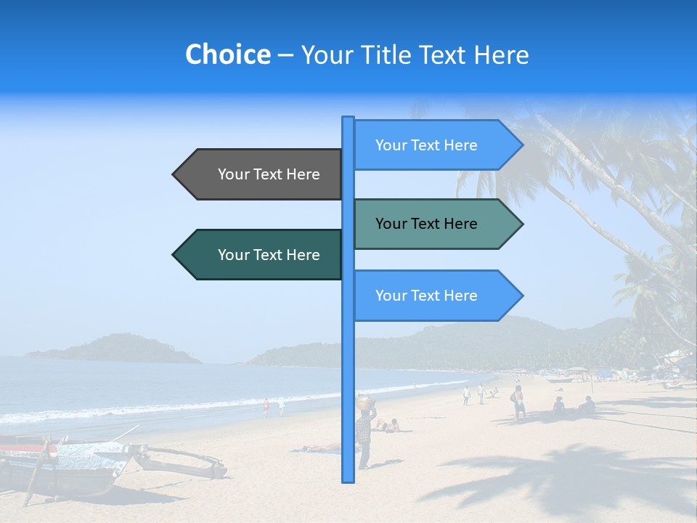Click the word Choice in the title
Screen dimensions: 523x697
[227, 54]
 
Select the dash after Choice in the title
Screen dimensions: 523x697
[285, 55]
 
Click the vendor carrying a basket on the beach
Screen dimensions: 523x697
[364, 436]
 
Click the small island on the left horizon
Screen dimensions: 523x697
[116, 348]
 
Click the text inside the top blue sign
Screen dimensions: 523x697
[426, 145]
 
